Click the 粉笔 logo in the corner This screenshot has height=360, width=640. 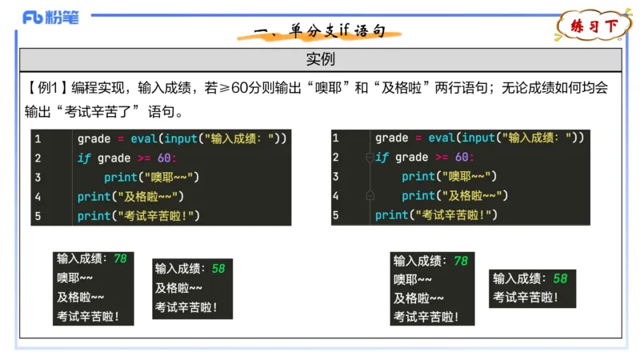point(50,17)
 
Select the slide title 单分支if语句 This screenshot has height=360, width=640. point(320,31)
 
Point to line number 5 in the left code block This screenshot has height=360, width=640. point(38,216)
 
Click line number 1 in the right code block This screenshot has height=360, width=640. point(335,138)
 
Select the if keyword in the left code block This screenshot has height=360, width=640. point(83,158)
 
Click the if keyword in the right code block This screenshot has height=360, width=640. point(382,158)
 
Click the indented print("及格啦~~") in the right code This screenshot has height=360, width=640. point(453,196)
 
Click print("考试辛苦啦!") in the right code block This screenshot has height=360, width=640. point(437,215)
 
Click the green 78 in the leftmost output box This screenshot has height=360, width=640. point(120,259)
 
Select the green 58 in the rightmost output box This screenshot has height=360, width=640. point(560,278)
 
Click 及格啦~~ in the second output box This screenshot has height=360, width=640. point(178,288)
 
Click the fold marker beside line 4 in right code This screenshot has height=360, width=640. point(370,195)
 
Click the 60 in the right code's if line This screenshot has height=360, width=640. point(462,158)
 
